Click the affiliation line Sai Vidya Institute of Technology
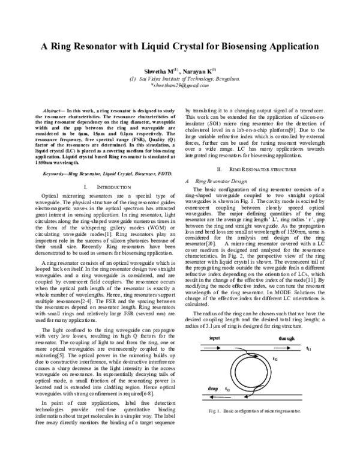point(182,78)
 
